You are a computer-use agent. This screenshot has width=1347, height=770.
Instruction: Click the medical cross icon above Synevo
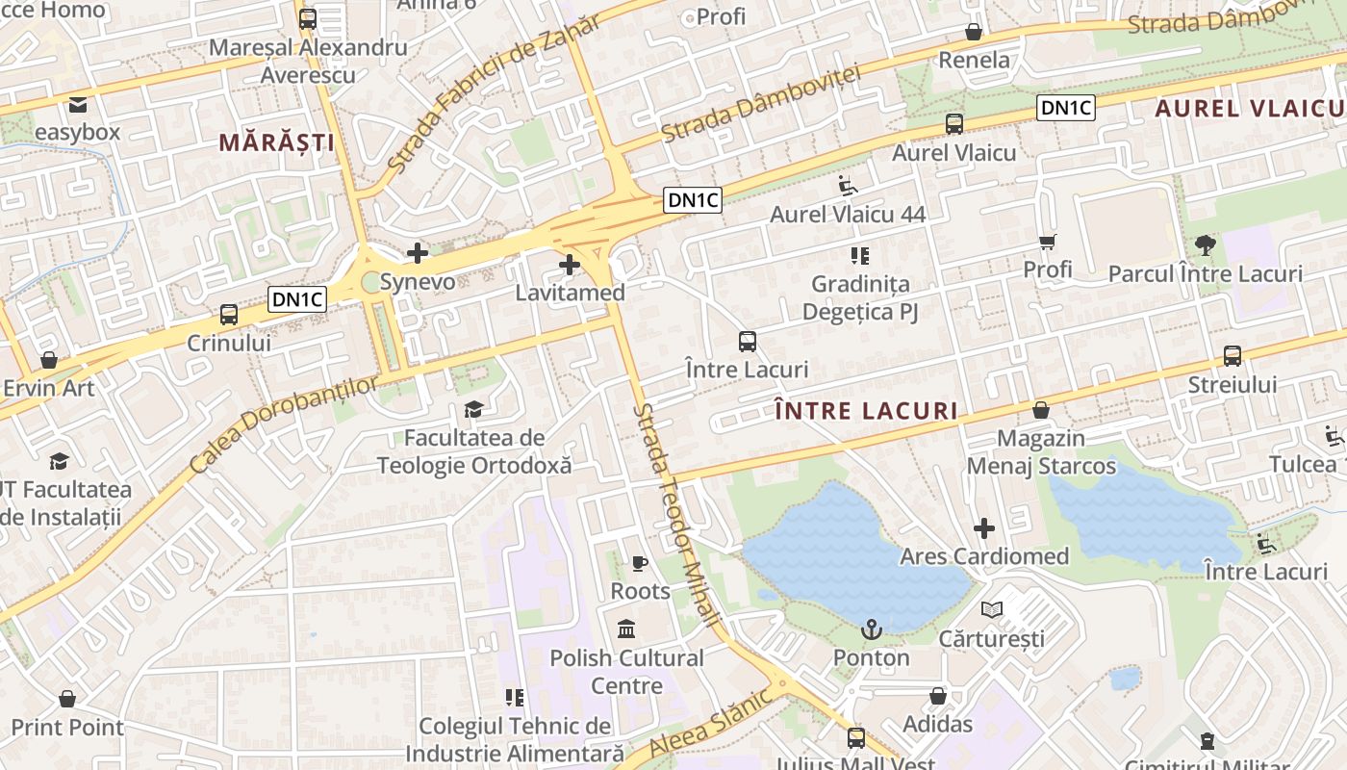pos(418,253)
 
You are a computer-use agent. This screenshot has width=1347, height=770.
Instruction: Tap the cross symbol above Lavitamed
pos(570,264)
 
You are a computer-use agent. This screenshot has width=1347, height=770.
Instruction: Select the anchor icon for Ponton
pos(871,630)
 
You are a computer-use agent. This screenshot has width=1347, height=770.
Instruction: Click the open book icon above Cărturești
pos(992,609)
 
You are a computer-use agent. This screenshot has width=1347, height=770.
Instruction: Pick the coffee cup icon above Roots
pos(640,563)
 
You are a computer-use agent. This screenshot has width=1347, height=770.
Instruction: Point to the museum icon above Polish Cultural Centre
pos(626,629)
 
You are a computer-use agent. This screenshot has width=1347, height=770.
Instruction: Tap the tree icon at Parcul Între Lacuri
pos(1205,244)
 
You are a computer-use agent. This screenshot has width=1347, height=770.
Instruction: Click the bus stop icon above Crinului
pos(229,315)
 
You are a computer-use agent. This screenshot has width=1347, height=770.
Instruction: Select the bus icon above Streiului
pos(1233,356)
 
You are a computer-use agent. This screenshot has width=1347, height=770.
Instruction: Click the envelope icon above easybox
pos(77,104)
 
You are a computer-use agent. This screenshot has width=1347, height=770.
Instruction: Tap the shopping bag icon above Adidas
pos(938,696)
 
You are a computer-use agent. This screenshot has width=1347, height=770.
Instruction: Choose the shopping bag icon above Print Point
pos(67,699)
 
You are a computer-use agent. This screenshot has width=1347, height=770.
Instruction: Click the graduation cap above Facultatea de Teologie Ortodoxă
pos(473,410)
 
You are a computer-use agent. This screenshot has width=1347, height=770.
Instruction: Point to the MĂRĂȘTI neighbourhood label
pos(276,143)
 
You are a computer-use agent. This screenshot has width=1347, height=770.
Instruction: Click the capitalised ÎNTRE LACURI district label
pos(866,411)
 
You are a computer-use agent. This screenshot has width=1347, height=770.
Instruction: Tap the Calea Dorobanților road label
pos(285,423)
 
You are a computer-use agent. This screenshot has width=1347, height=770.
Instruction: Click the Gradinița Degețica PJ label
pos(860,298)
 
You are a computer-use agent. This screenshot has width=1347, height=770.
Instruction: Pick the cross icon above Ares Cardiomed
pos(984,528)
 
